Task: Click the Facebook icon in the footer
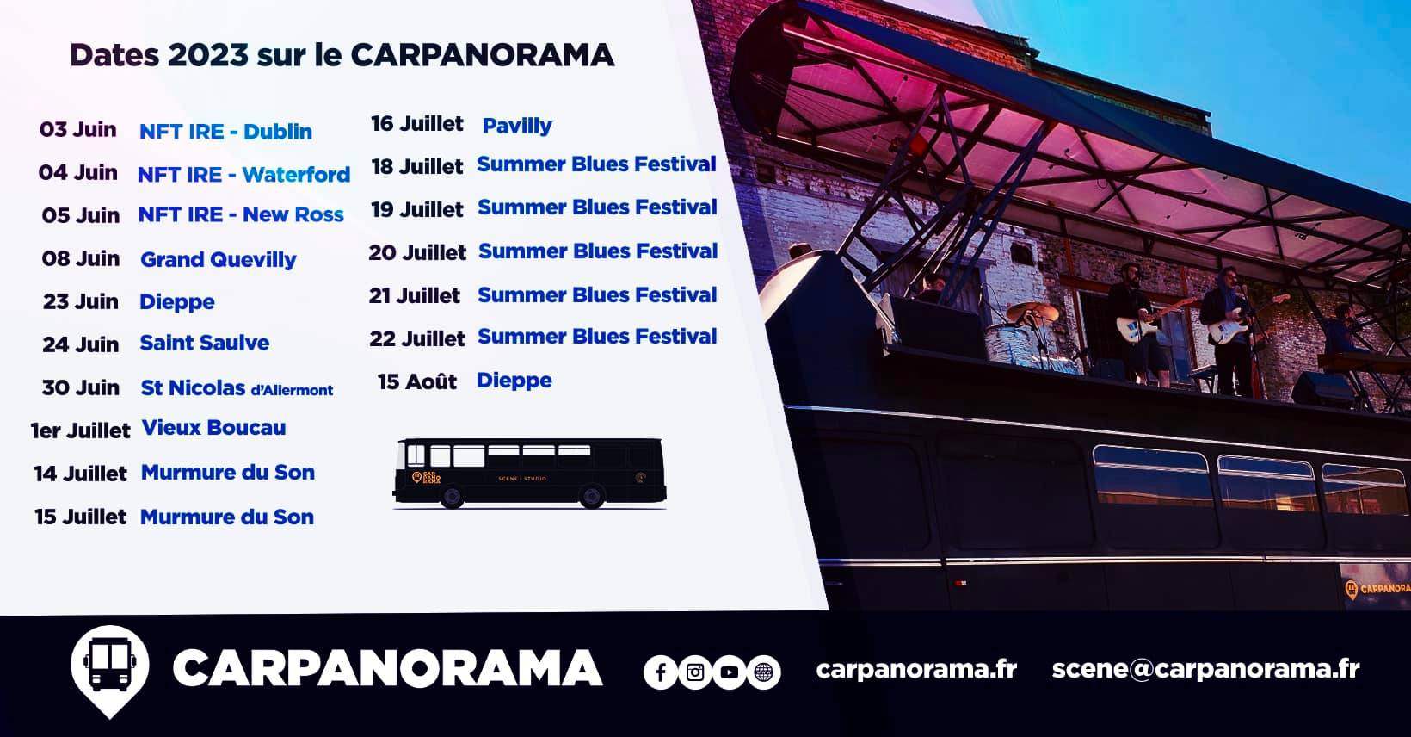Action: tap(660, 672)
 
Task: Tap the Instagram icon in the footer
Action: tap(695, 672)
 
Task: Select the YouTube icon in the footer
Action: tap(730, 672)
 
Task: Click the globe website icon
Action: tap(763, 672)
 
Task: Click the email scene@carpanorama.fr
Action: tap(1205, 669)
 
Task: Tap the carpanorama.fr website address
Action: tap(916, 670)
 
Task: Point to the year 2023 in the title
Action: tap(208, 55)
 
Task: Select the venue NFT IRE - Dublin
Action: tap(225, 131)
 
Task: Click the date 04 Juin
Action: tap(78, 172)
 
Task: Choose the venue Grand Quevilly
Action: tap(218, 259)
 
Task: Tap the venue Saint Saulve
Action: tap(205, 343)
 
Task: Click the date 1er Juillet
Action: tap(81, 430)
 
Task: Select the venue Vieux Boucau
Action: tap(213, 427)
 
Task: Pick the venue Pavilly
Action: tap(517, 126)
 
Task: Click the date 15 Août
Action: tap(417, 381)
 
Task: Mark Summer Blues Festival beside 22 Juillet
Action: tap(597, 336)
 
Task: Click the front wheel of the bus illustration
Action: tap(451, 496)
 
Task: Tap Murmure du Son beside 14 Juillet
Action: tap(228, 472)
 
